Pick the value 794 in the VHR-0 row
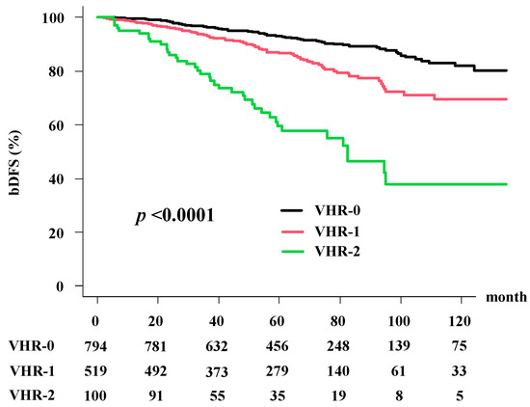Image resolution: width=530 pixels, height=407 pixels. [x=96, y=344]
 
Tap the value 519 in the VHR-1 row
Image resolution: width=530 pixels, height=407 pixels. [x=96, y=369]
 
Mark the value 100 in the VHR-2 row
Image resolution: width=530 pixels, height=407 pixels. [x=96, y=393]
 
